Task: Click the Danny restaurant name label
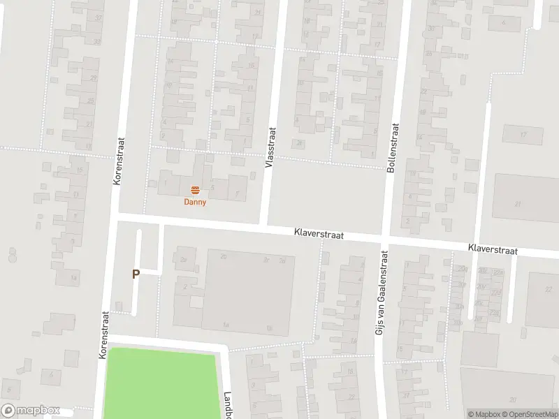195,202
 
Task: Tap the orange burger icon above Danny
195,190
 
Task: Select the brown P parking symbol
136,274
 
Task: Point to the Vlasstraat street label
270,145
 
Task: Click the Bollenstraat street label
393,148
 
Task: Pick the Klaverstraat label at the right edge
493,249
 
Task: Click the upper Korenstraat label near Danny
118,160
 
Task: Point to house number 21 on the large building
518,204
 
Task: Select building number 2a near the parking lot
184,260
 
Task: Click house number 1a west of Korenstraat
73,277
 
